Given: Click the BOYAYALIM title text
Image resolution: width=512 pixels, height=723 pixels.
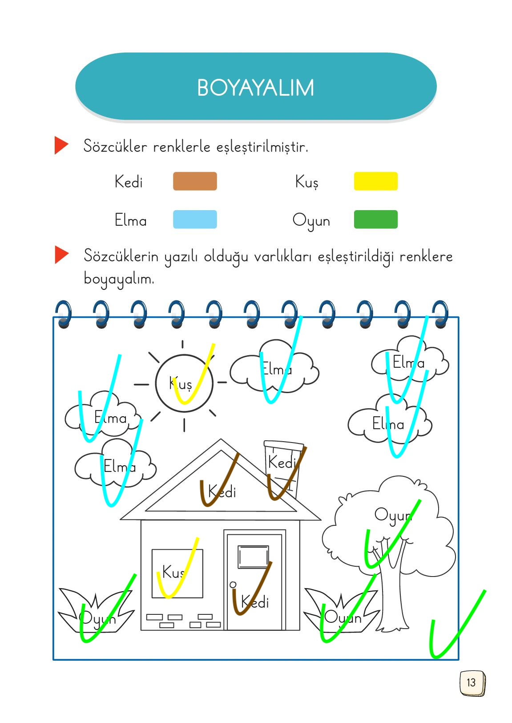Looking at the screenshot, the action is click(255, 88).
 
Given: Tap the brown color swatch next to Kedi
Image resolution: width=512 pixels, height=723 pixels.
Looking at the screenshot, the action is click(195, 181).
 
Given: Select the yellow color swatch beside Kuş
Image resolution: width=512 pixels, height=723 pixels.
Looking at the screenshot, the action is click(375, 181).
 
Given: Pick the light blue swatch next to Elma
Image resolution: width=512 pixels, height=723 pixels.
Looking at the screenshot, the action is click(195, 219).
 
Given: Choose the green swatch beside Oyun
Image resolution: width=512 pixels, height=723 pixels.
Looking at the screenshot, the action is click(375, 219).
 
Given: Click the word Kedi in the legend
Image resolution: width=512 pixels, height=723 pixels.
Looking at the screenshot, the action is click(129, 182).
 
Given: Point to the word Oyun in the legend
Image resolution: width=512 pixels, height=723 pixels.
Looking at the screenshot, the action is click(311, 221).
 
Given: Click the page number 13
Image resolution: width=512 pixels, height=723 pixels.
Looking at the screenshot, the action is click(471, 682).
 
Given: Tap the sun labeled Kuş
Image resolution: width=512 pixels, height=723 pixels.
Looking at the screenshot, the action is click(184, 383).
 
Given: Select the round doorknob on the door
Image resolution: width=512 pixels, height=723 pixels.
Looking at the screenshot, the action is click(233, 585).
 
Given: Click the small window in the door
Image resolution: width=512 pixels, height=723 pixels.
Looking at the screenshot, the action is click(253, 556).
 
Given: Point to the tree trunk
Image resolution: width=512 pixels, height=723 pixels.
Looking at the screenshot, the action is click(393, 597).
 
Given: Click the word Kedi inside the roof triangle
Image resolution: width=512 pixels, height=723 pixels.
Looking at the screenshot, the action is click(222, 492).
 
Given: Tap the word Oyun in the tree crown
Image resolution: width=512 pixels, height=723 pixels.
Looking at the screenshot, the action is click(393, 515).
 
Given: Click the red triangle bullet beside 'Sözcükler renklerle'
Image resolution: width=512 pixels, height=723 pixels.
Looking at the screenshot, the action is click(61, 146).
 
